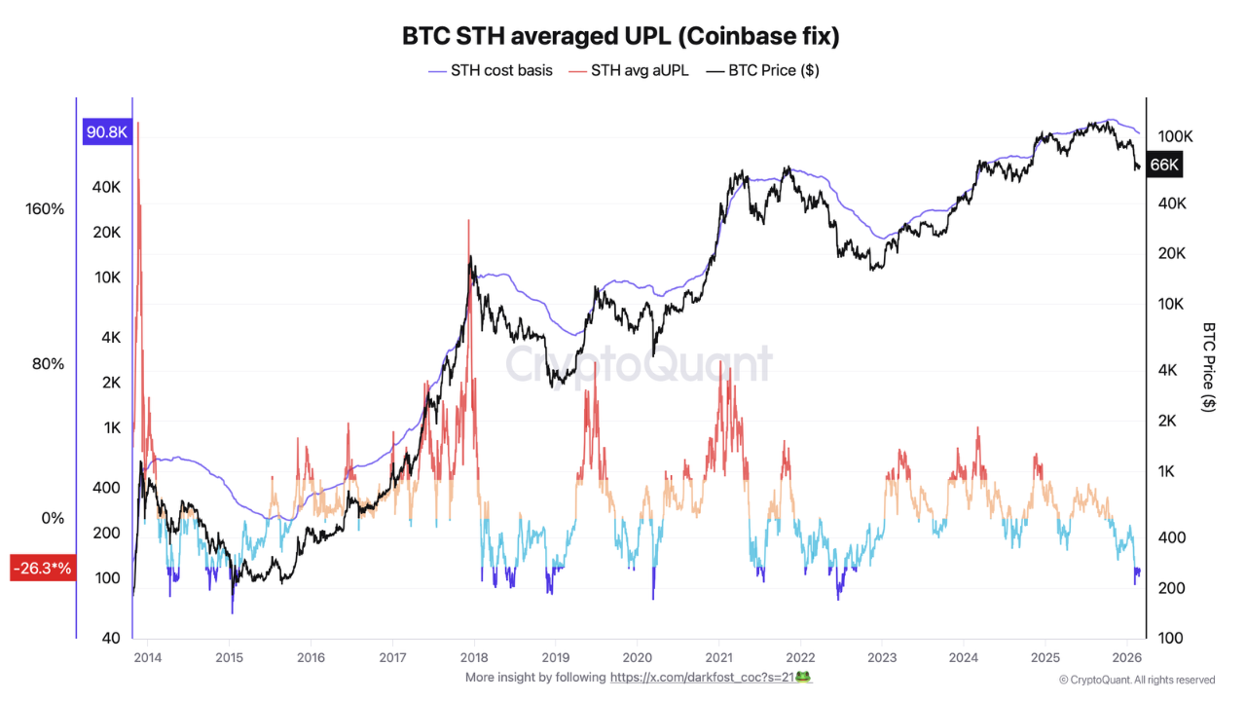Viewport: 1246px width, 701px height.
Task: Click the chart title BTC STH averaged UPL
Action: (621, 36)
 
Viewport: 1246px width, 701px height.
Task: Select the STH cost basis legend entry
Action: (491, 70)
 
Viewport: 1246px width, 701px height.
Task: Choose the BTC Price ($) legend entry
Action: (763, 70)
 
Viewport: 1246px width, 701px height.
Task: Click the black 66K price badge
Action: (1164, 166)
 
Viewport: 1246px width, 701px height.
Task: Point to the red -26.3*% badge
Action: (42, 569)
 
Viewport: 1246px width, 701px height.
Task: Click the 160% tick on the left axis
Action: (45, 209)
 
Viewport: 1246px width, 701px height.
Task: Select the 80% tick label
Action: (48, 364)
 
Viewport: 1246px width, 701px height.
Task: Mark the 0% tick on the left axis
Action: (53, 518)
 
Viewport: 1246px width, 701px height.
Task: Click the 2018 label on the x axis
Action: (473, 657)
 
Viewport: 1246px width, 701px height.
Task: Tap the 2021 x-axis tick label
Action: (718, 657)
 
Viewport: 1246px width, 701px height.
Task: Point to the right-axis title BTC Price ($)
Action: (1209, 367)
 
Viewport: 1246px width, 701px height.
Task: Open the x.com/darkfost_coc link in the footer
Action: (701, 677)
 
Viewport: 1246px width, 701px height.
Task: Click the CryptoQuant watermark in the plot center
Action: (638, 365)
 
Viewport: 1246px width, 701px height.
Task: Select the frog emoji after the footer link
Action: (803, 677)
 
